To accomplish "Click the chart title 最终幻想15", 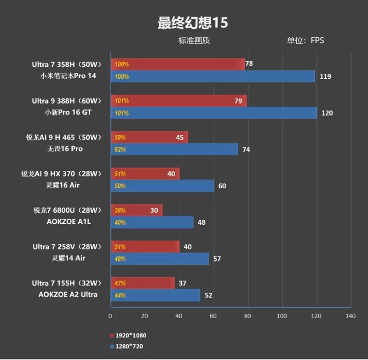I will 193,23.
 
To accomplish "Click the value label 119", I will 325,76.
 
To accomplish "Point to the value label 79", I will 238,101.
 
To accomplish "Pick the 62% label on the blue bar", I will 120,150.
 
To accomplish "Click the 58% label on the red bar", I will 120,137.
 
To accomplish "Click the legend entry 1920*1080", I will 131,336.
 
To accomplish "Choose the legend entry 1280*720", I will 130,346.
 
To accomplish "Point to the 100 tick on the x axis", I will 282,316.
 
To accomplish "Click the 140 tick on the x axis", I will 351,316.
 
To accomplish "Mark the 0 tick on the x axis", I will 110,316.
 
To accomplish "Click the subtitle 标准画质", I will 194,41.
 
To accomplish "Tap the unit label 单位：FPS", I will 305,41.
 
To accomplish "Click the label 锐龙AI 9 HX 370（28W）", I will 61,174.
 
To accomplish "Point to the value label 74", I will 246,150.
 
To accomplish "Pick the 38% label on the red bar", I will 120,210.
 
